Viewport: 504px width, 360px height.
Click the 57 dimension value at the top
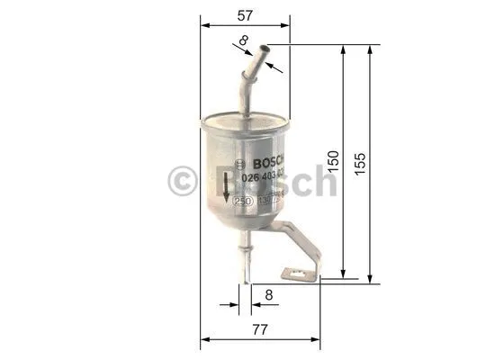click(243, 15)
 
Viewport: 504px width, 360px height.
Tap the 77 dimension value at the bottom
click(261, 329)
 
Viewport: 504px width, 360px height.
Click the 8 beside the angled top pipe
click(243, 40)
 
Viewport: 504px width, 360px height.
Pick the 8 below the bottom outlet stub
click(269, 293)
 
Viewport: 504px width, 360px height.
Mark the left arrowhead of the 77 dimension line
click(203, 340)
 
